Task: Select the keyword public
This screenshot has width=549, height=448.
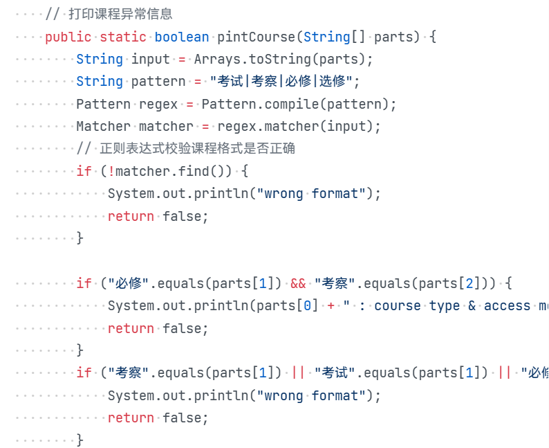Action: (68, 37)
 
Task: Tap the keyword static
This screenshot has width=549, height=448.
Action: (123, 37)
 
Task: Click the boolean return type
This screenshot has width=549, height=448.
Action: (182, 37)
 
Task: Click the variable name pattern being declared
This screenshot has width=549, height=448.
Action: (158, 82)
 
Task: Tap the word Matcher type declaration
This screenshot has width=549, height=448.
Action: (103, 127)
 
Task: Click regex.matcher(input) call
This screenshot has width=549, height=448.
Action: (264, 127)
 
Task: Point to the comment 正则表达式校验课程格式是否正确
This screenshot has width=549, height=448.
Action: (197, 149)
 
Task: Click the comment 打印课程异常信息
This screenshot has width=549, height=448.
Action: (120, 14)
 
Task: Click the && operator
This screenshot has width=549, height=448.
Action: (298, 283)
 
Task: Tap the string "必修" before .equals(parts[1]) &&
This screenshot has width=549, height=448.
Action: (123, 283)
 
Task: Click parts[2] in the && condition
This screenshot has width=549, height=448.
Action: (455, 283)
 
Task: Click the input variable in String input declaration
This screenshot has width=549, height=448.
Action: (151, 60)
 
